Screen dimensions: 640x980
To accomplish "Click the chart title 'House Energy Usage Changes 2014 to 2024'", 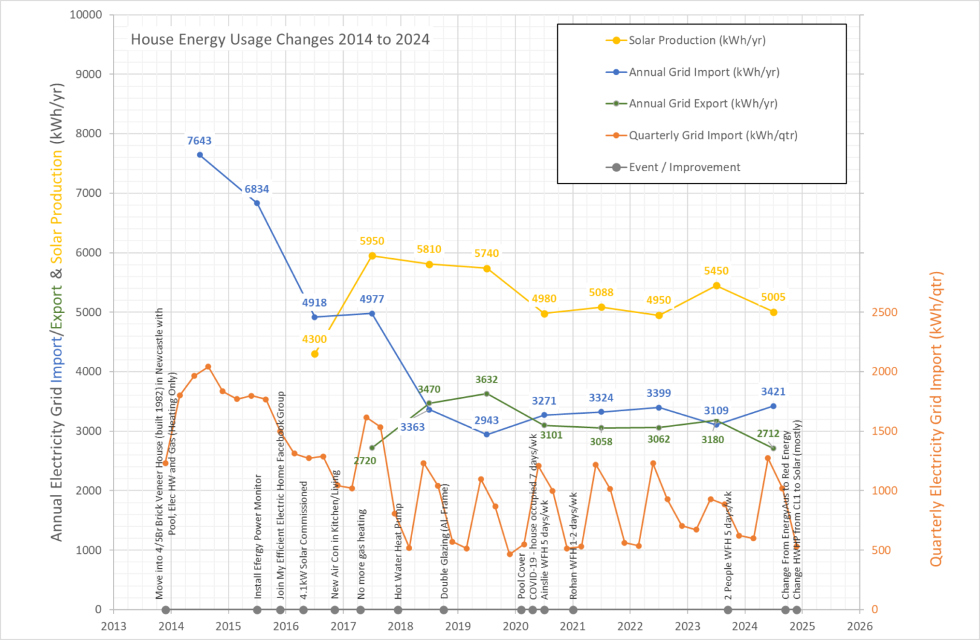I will (280, 39).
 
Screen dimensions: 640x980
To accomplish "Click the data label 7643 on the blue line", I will (199, 141).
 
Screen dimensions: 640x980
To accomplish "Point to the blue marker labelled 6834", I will (257, 203).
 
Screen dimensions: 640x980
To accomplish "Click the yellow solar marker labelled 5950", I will (372, 256).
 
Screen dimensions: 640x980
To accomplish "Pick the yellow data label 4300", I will (314, 339).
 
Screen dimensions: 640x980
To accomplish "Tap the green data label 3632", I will (486, 380).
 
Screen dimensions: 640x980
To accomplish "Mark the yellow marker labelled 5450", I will (717, 286).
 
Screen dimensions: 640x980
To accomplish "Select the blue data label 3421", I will (773, 392).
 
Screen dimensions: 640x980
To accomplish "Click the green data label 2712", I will (768, 433).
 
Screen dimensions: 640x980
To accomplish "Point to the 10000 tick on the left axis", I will (86, 14).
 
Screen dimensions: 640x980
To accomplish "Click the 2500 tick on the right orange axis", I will (885, 312).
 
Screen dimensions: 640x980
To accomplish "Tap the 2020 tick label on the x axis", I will (515, 626).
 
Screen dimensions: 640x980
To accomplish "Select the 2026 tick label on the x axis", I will (859, 626).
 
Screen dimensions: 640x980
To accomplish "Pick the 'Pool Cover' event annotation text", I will (521, 576).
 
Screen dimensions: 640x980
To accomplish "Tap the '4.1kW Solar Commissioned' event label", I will (304, 540).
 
